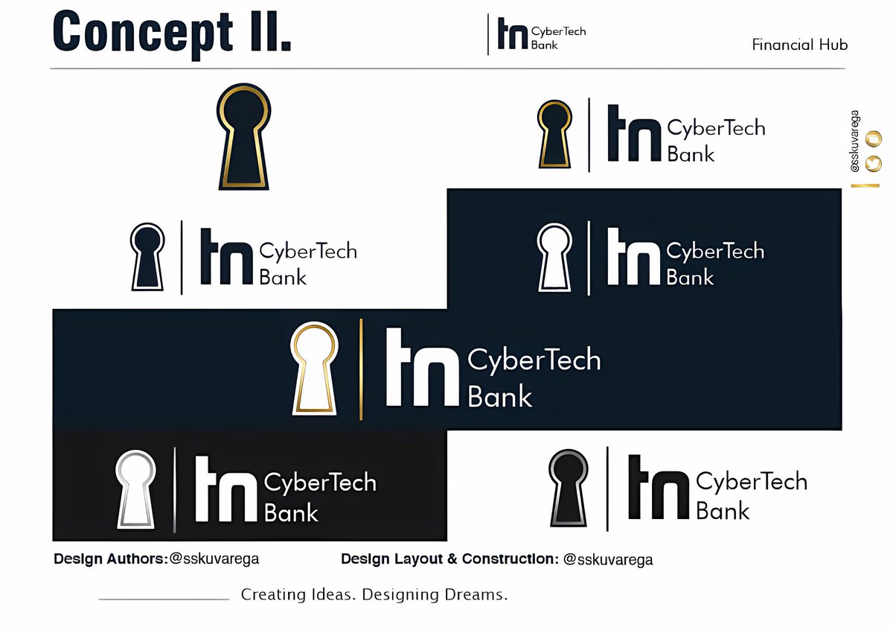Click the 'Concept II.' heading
click(x=172, y=35)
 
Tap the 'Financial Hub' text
click(x=800, y=45)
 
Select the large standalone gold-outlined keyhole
click(x=243, y=136)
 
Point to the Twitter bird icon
click(x=874, y=164)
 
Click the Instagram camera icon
click(x=874, y=139)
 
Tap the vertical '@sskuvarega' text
click(x=855, y=141)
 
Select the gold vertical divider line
click(x=361, y=369)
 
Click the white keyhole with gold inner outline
click(x=314, y=369)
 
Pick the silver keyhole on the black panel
click(x=135, y=489)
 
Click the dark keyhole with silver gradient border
click(x=569, y=489)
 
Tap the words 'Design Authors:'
click(x=111, y=559)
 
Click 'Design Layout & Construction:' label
click(x=450, y=559)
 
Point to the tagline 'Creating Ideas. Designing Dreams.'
click(x=374, y=595)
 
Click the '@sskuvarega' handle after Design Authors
click(x=214, y=559)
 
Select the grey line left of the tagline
click(x=164, y=599)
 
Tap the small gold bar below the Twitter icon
click(x=865, y=185)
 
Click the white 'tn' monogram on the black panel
click(x=226, y=489)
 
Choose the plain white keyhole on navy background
click(x=554, y=257)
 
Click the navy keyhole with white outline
click(x=147, y=257)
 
